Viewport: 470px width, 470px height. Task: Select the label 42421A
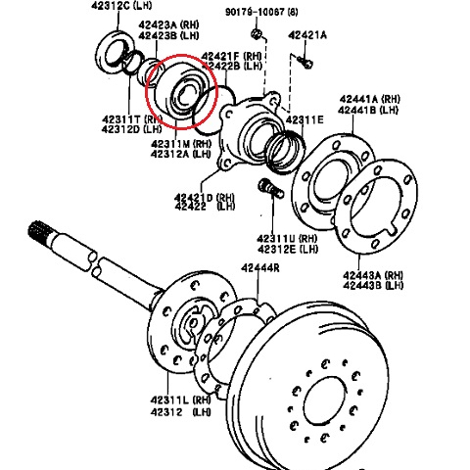[x=308, y=35]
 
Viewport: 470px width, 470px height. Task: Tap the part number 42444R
[x=261, y=267]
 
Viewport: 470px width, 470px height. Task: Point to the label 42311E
[x=305, y=119]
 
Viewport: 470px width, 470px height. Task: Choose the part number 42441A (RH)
[x=371, y=99]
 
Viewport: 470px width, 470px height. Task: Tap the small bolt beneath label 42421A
[x=305, y=63]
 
